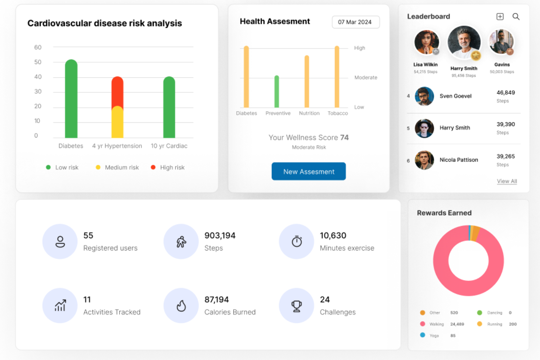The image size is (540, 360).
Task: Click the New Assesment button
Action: pos(309,171)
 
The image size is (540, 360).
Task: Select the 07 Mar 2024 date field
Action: pos(355,22)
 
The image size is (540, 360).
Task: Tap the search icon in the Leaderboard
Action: pos(516,17)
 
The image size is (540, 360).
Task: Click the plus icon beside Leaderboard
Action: pos(500,17)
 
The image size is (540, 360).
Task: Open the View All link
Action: pos(507,181)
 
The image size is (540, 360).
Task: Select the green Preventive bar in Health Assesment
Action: pos(276,92)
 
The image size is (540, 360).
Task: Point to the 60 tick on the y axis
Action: pos(38,47)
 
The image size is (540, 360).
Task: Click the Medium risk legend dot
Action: pos(98,167)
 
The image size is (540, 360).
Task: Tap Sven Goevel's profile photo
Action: pos(424,96)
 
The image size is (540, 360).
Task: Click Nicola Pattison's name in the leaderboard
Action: pos(459,160)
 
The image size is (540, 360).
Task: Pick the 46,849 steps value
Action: pos(505,93)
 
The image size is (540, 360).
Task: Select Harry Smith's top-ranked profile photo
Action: pos(464,42)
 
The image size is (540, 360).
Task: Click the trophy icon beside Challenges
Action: pos(297,306)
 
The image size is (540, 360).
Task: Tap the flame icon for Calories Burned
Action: pos(181,306)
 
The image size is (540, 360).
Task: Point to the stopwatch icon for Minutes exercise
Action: pos(297,242)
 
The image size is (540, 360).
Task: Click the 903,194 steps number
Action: pos(220,235)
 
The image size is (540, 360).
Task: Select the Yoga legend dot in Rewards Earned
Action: pos(423,335)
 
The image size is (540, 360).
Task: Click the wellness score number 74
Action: pos(344,138)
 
